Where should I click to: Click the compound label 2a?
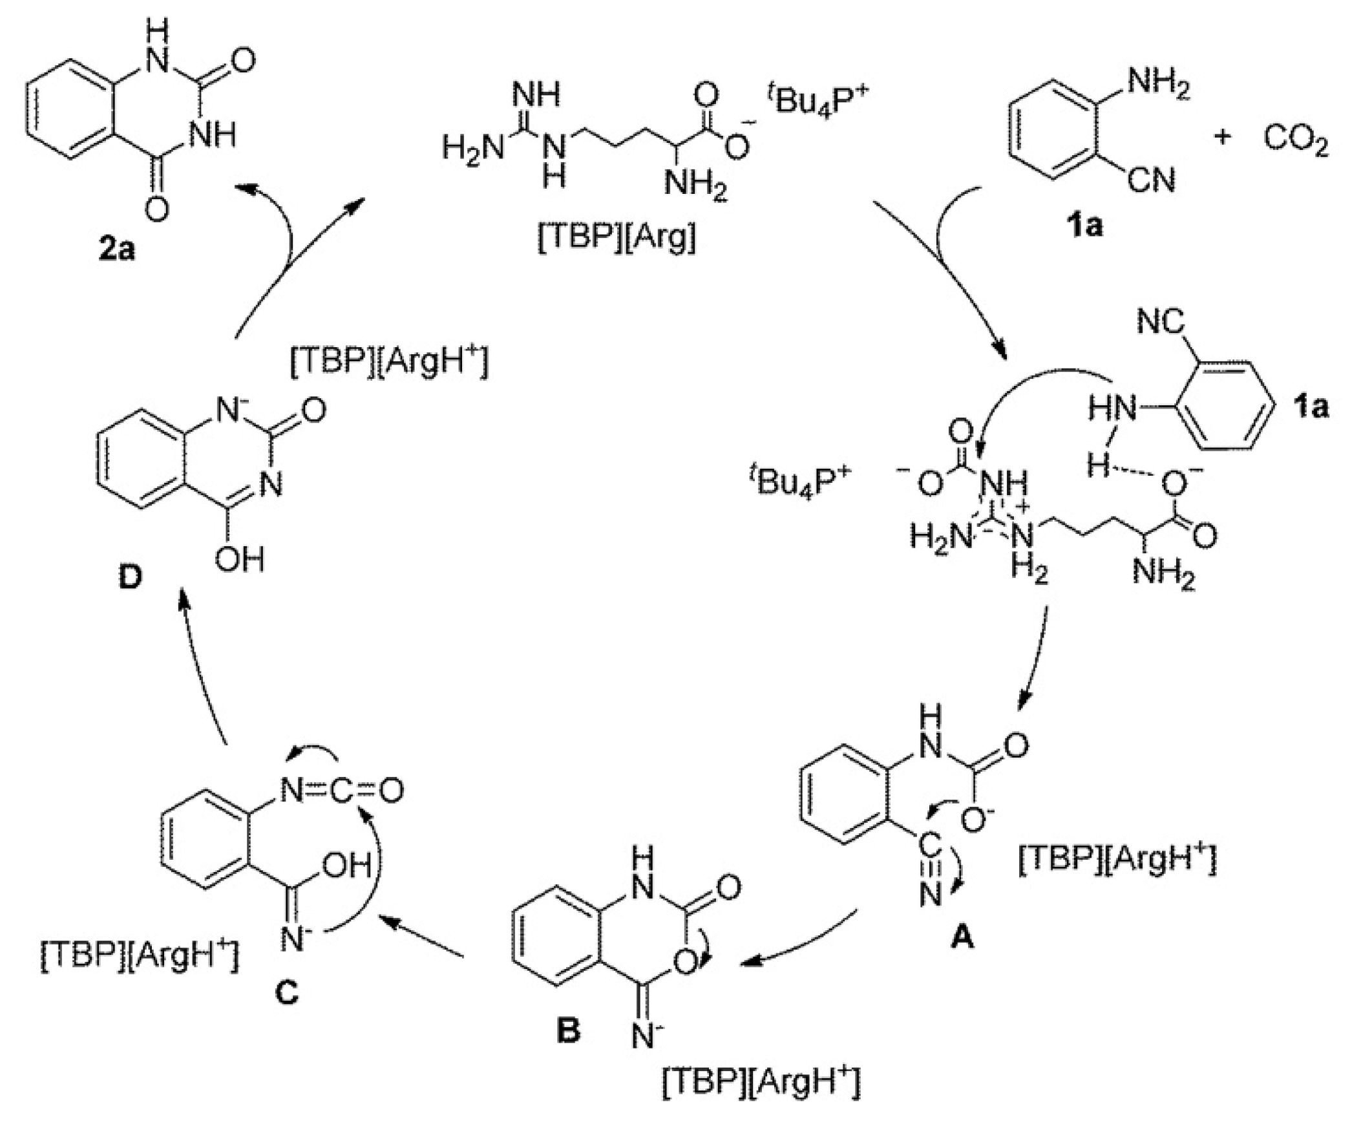116,250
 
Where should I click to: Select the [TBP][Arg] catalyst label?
617,239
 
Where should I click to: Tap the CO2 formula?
1295,140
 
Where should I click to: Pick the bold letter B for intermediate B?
568,1031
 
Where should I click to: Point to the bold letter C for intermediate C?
287,992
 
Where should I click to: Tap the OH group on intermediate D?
240,560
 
